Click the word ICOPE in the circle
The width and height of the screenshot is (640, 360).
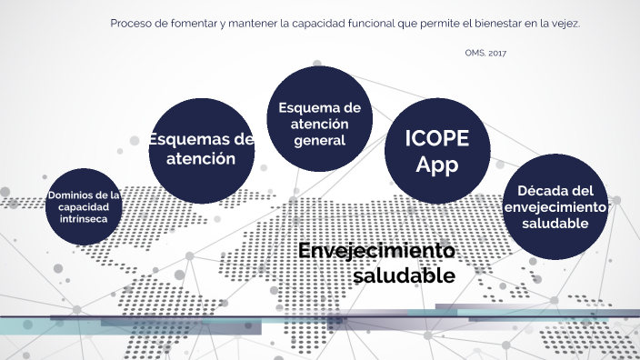click(437, 140)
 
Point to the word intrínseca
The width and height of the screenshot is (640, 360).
click(84, 218)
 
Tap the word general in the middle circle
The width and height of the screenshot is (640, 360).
click(319, 141)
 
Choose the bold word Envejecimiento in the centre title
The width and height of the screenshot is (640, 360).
click(375, 251)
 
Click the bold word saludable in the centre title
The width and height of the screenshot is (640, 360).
click(404, 274)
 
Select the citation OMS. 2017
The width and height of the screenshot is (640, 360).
click(485, 54)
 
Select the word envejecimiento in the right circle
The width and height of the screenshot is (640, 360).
click(555, 207)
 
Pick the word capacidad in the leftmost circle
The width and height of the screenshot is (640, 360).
click(84, 206)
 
